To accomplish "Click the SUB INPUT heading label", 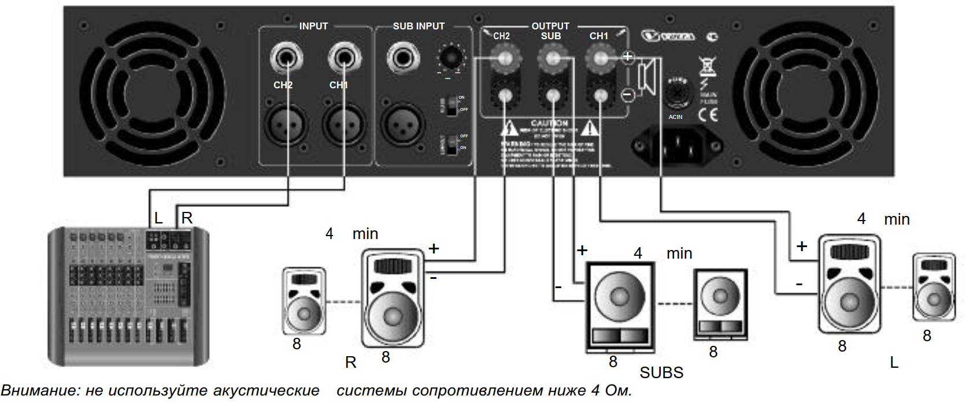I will click(x=419, y=26).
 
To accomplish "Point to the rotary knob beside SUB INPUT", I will click(x=450, y=58).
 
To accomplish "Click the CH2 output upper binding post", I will click(x=505, y=57).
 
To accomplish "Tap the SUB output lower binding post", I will click(x=553, y=96).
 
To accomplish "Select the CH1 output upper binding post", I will click(x=601, y=57).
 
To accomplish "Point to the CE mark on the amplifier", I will click(x=708, y=114).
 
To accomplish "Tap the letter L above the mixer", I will click(x=158, y=218).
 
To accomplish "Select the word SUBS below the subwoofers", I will click(x=661, y=373).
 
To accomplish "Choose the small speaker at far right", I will click(x=934, y=287).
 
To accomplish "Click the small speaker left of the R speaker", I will click(x=304, y=301).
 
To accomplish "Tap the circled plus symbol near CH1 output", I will click(x=628, y=57).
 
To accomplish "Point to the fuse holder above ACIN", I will click(x=678, y=92).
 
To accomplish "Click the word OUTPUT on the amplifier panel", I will click(x=550, y=26).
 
